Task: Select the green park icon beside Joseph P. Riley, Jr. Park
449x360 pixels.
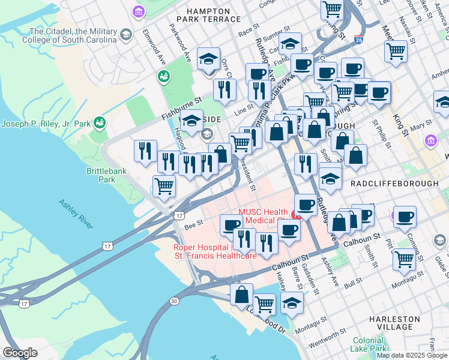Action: click(x=100, y=124)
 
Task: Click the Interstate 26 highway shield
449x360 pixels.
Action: click(x=358, y=40)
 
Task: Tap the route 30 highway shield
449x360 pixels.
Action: click(x=174, y=300)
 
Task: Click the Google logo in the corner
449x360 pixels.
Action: click(x=20, y=353)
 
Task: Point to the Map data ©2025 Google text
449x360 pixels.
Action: click(x=411, y=355)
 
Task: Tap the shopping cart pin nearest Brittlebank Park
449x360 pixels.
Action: click(x=164, y=186)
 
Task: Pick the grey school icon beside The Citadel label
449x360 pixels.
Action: click(x=126, y=35)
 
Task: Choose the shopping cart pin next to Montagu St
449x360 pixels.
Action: click(x=405, y=259)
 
